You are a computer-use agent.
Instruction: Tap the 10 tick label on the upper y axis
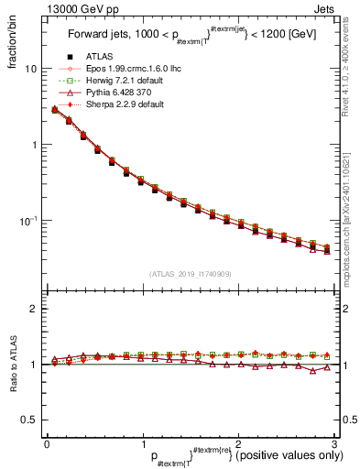tap(31, 70)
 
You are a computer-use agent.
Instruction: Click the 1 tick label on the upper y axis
tap(34, 145)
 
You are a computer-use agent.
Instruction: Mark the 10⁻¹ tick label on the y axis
tap(29, 221)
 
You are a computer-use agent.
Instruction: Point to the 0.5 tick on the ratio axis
tap(29, 420)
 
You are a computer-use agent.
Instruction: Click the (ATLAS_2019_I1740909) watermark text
tap(190, 273)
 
